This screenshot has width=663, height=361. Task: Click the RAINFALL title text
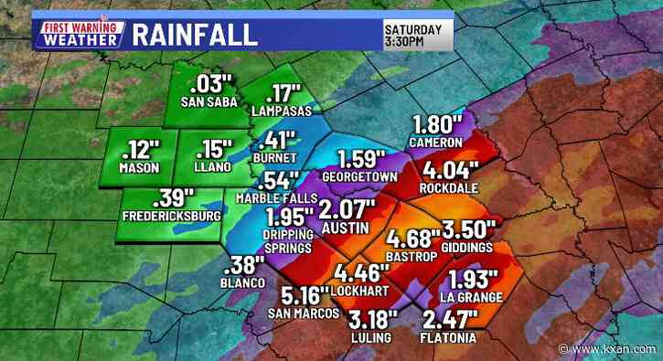tap(194, 35)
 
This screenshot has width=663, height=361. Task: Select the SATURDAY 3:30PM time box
tap(414, 35)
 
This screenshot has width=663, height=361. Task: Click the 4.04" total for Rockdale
tap(446, 170)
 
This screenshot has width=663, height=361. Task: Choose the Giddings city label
tap(467, 247)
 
